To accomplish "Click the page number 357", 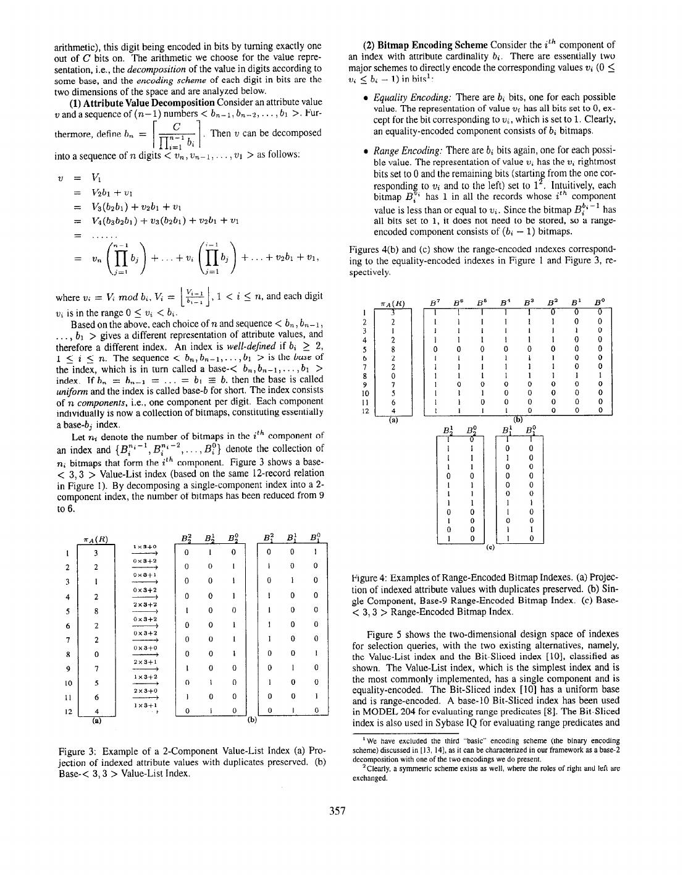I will point(337,811).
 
